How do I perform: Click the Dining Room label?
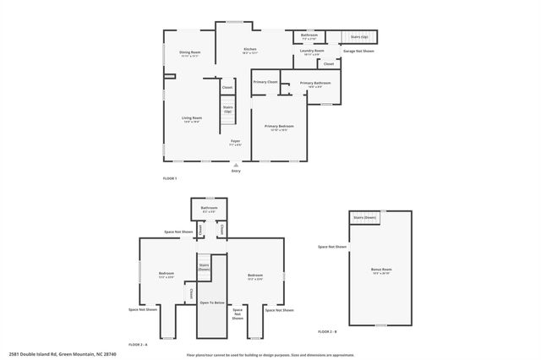coord(189,52)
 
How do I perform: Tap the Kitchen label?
coord(250,49)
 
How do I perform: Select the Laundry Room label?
coord(312,52)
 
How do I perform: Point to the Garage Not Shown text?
coord(358,51)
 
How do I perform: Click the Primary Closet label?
coord(265,82)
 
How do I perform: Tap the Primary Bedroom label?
coord(279,126)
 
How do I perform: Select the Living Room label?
coord(192,117)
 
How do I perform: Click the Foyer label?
coord(235,141)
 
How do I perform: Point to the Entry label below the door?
coord(236,171)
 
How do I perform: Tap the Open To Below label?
coord(212,302)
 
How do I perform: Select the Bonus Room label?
coord(381,270)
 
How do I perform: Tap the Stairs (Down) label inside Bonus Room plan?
coord(364,218)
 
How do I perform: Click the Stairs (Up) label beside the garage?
coord(358,37)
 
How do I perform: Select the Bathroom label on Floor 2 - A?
coord(209,208)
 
